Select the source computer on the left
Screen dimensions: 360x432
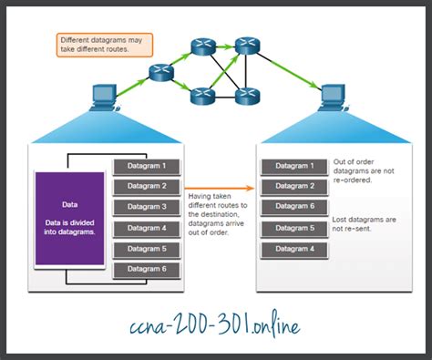[x=103, y=96]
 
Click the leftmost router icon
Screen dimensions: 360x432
[x=163, y=70]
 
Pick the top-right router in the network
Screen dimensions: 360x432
[x=244, y=46]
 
